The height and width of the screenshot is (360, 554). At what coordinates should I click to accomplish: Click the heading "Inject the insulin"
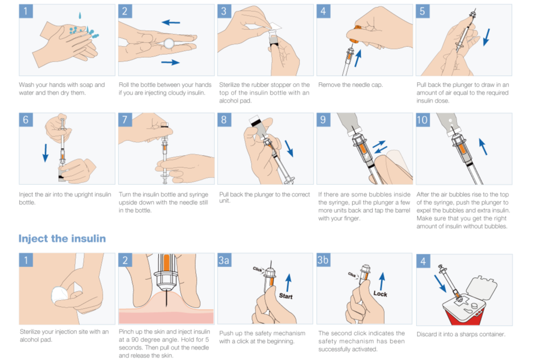(62, 239)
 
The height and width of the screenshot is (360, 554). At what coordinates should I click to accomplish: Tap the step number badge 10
(422, 120)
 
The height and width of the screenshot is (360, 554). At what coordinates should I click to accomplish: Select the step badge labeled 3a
(224, 260)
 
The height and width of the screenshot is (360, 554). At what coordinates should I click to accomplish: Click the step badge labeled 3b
(323, 260)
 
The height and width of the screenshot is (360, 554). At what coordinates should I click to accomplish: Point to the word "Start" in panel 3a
(286, 296)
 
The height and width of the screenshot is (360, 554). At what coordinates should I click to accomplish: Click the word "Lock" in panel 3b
(380, 293)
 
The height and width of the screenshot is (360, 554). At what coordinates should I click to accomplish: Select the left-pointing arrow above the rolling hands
(171, 22)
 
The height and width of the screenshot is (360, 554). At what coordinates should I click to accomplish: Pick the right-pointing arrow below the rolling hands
(170, 63)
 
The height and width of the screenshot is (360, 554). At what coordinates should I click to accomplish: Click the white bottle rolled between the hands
(169, 44)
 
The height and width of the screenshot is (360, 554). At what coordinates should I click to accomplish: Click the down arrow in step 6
(45, 153)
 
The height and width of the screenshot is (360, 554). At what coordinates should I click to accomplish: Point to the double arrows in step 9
(380, 147)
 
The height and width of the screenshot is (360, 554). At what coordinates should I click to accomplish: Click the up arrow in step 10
(483, 147)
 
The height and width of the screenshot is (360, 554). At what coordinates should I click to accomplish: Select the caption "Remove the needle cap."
(350, 85)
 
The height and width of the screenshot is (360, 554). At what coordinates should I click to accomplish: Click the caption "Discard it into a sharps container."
(461, 334)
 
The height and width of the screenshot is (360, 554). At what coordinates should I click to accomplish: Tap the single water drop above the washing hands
(80, 16)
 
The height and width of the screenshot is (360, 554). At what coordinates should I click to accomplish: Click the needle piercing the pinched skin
(166, 297)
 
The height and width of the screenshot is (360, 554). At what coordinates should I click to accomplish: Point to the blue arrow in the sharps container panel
(440, 283)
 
